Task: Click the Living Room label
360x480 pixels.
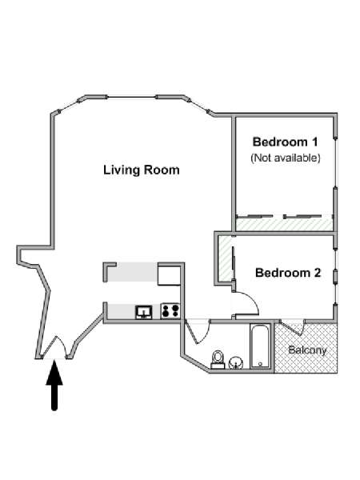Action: point(141,170)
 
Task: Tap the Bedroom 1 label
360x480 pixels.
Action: point(285,142)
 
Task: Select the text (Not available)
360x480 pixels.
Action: point(286,158)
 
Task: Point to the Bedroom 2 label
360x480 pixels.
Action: point(288,273)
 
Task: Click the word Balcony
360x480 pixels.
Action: point(307,350)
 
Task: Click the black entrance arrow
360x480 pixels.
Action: point(54,385)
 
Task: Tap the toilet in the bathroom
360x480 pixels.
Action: point(218,359)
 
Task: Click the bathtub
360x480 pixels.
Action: point(260,346)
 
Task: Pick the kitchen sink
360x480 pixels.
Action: point(143,312)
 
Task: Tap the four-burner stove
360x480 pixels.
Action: point(170,310)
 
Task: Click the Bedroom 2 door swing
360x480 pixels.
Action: point(246,303)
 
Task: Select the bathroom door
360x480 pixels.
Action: point(197,331)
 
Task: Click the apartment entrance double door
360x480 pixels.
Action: point(55,347)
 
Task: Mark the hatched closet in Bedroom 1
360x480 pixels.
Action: point(284,224)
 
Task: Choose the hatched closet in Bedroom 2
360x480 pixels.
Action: point(226,258)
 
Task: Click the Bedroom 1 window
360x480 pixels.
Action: point(335,162)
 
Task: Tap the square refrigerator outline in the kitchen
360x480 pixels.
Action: point(169,276)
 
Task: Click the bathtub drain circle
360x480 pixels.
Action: point(260,364)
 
